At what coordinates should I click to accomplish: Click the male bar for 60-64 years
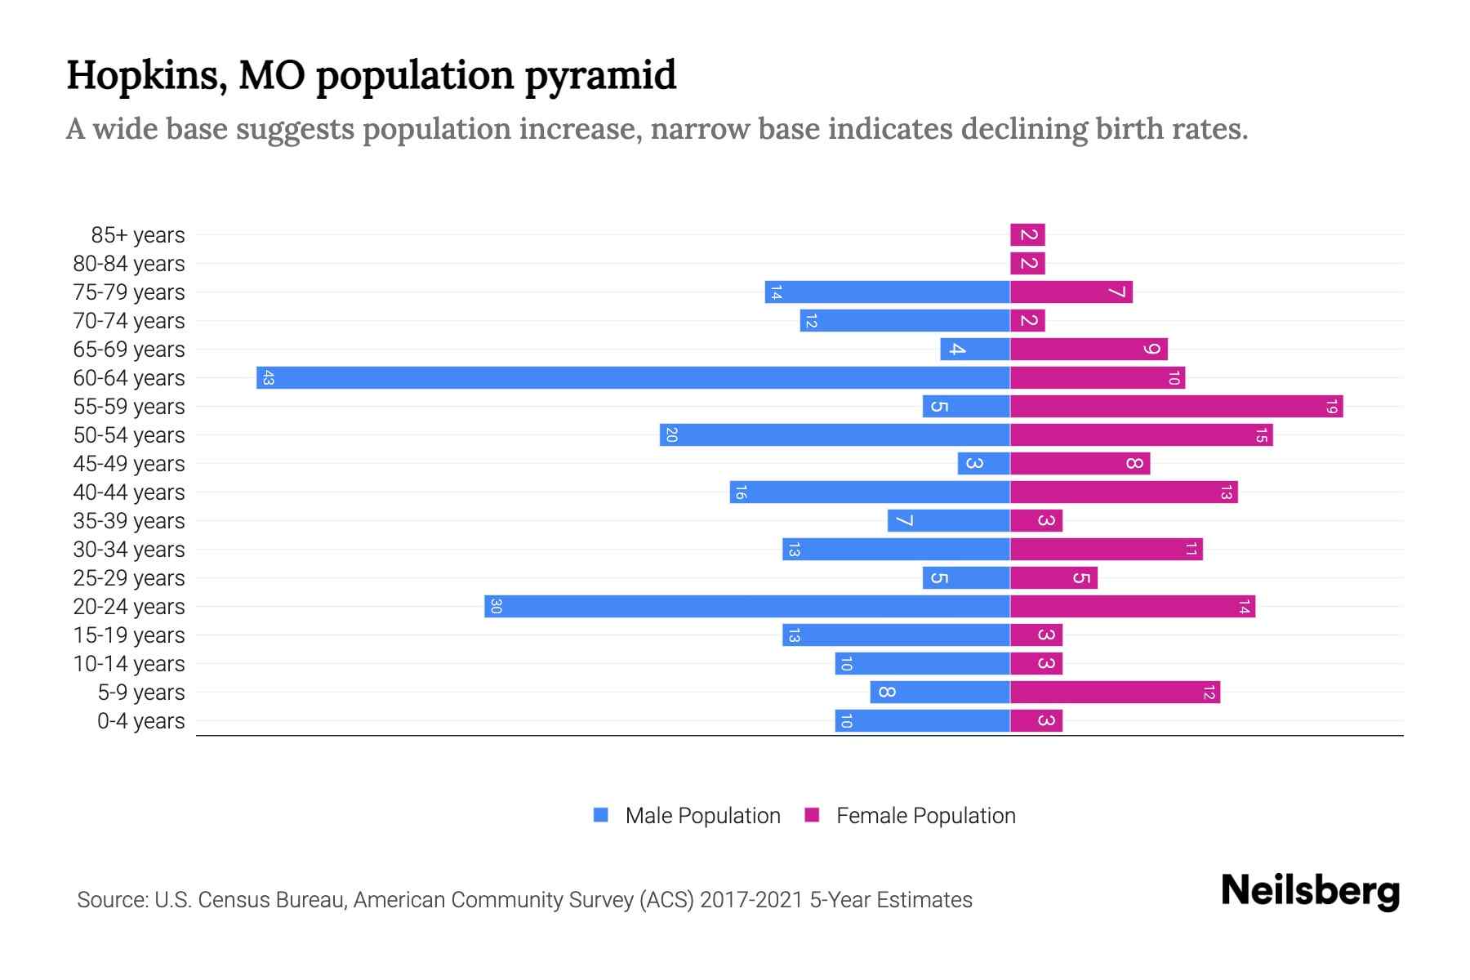tap(633, 378)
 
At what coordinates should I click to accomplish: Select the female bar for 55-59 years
tap(1176, 407)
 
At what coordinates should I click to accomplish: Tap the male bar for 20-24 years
tap(747, 607)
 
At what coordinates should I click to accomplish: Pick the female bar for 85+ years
tap(1027, 235)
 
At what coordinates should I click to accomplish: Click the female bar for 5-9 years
tap(1115, 693)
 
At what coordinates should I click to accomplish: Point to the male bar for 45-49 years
tap(983, 464)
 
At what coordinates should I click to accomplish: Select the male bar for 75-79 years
tap(887, 292)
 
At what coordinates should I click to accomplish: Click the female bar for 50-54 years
tap(1141, 435)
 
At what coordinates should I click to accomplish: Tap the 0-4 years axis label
tap(140, 721)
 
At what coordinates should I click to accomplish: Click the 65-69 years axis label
tap(129, 350)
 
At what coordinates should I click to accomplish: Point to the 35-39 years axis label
tap(129, 521)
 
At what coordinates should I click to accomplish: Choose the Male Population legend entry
tap(702, 816)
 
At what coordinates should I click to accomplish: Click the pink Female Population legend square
tap(812, 815)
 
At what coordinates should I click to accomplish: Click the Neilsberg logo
tap(1310, 891)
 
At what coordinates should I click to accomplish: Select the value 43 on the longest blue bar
tap(268, 378)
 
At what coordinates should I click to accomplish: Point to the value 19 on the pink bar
tap(1331, 407)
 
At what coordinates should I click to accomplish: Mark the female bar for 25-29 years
tap(1053, 578)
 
